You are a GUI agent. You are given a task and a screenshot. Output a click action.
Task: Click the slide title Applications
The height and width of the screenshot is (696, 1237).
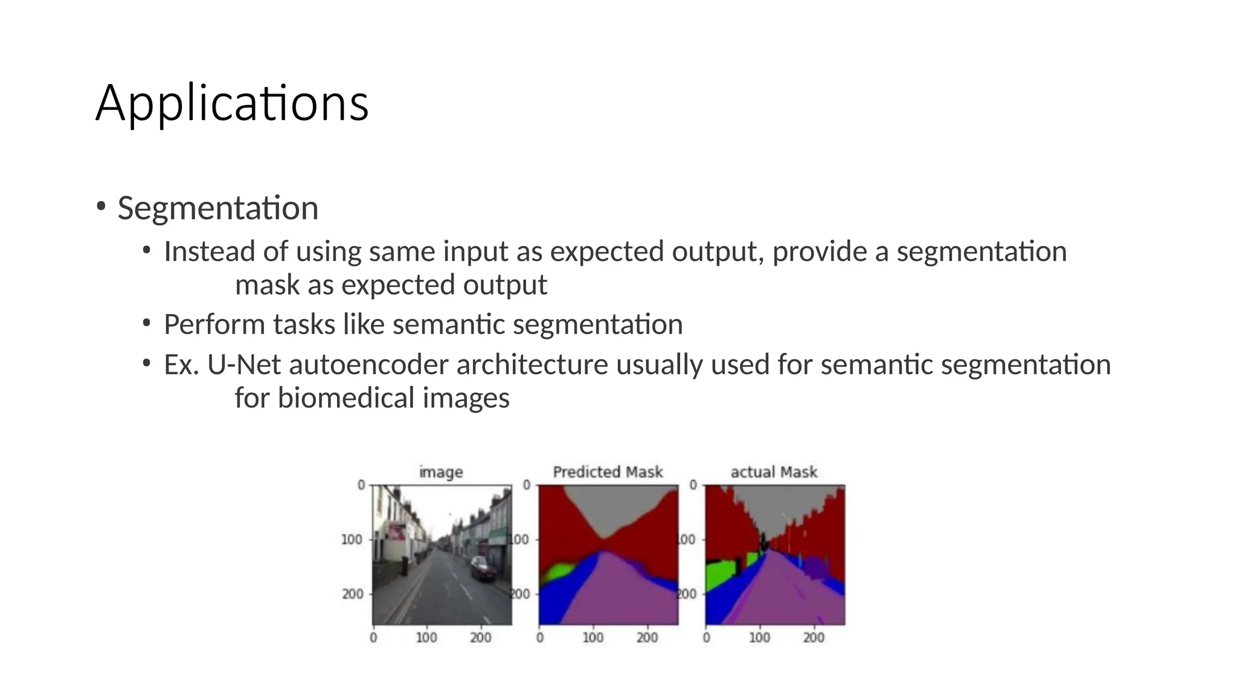click(x=232, y=104)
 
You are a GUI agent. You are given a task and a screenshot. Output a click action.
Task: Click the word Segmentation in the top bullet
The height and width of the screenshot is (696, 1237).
click(x=217, y=208)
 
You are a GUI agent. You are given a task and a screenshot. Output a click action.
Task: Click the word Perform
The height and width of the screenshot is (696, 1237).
click(x=214, y=325)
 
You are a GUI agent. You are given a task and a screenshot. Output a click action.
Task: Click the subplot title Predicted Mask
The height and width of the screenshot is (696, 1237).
click(x=608, y=472)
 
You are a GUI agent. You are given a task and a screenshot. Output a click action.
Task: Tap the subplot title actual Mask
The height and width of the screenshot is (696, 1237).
click(x=774, y=472)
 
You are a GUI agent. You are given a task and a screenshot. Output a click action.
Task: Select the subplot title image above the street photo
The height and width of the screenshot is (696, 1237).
click(x=441, y=472)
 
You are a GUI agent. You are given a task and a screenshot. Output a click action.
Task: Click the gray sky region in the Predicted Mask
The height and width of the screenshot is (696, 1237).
click(x=610, y=507)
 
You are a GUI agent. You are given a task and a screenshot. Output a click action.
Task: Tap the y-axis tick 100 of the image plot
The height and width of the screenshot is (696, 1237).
click(x=352, y=539)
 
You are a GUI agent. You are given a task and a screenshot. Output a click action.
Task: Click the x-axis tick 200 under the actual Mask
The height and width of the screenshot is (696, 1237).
click(x=814, y=637)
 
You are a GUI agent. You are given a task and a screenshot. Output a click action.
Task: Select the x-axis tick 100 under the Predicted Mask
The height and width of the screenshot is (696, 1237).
click(x=593, y=637)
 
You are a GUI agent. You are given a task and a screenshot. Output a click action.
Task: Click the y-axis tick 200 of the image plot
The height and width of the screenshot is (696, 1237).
click(x=352, y=594)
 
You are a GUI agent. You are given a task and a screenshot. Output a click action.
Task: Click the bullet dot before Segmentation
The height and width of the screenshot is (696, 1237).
click(x=100, y=207)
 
